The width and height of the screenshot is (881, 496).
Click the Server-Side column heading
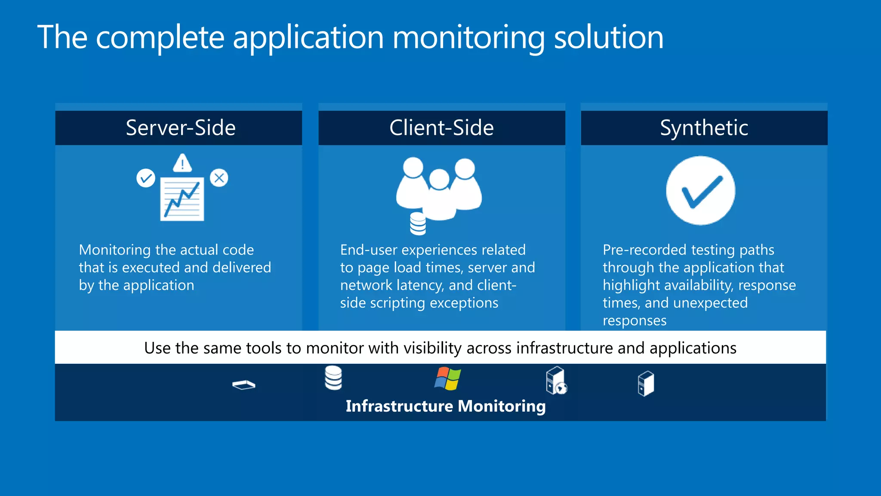tap(181, 128)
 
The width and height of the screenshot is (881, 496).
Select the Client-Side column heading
tap(441, 128)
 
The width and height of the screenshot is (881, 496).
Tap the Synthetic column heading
tap(704, 128)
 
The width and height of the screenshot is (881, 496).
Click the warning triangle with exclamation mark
tap(182, 163)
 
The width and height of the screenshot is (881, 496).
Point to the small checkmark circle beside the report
tap(146, 178)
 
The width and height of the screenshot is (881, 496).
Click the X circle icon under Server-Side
tap(219, 178)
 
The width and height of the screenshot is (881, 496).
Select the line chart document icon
tap(182, 199)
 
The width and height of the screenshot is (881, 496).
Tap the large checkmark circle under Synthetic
tap(700, 191)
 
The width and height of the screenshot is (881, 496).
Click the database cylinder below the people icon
tap(418, 224)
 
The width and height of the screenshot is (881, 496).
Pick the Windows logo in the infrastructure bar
tap(447, 379)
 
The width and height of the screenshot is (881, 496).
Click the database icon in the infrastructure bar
tap(333, 378)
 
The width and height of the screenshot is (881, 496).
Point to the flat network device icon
tap(243, 384)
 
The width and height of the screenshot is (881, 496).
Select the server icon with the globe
tap(556, 380)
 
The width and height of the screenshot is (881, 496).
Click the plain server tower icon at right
tap(646, 383)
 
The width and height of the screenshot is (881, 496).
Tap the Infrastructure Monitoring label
tap(446, 406)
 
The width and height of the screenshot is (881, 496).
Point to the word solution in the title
tap(608, 37)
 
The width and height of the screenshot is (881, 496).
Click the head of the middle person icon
tap(439, 179)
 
